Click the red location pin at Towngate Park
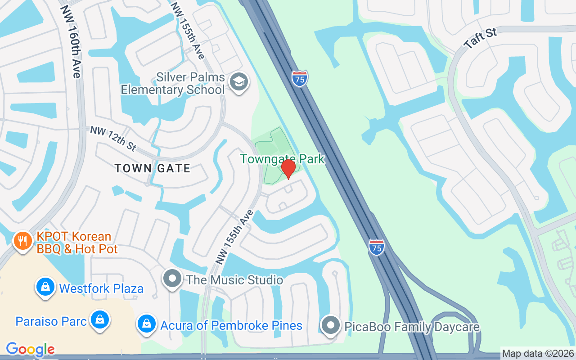(288, 169)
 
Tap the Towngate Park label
(282, 159)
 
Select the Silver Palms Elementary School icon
(238, 82)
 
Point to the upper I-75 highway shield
(300, 78)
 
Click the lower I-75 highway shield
(377, 247)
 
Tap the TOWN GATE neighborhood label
(153, 168)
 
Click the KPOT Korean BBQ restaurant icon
(22, 241)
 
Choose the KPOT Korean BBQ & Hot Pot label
(77, 243)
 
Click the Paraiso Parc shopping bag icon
(99, 320)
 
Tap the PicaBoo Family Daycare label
(412, 326)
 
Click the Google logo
(30, 349)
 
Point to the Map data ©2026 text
(538, 353)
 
